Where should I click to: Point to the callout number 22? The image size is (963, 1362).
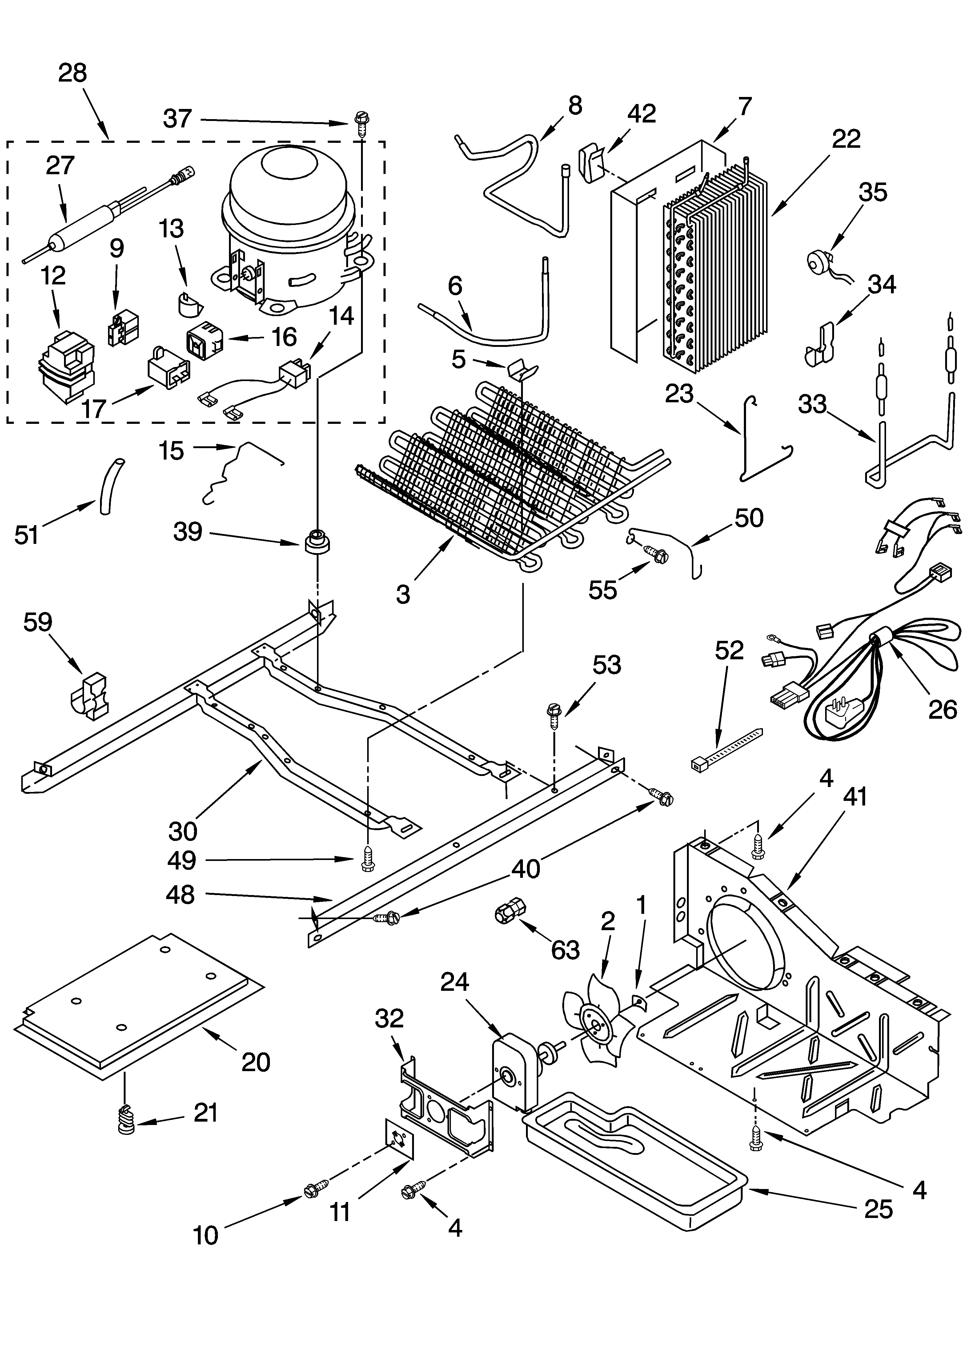(x=846, y=139)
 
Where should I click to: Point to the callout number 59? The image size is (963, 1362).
(x=38, y=622)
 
